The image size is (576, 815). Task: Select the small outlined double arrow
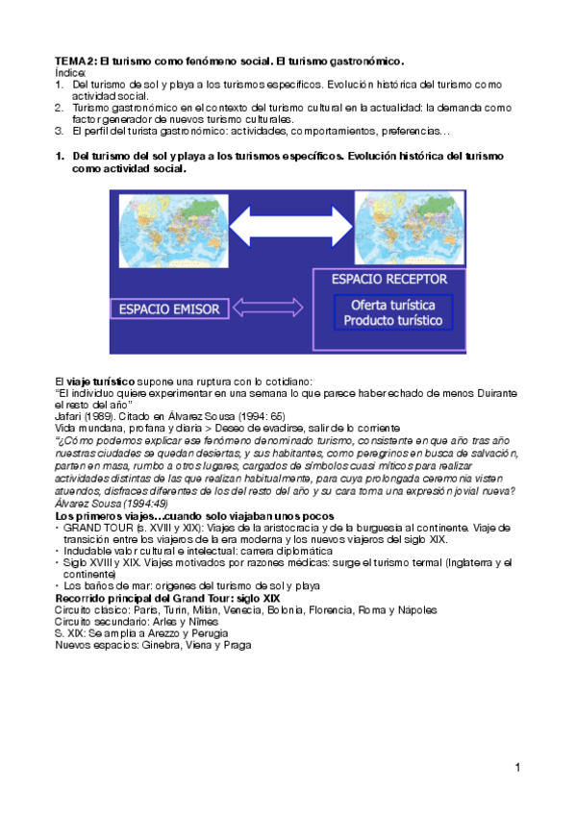(272, 309)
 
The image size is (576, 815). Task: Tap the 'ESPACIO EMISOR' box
(169, 309)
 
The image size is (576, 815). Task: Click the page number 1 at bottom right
(516, 767)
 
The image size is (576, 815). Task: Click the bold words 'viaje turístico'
(97, 382)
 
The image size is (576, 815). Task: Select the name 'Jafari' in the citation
(69, 416)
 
